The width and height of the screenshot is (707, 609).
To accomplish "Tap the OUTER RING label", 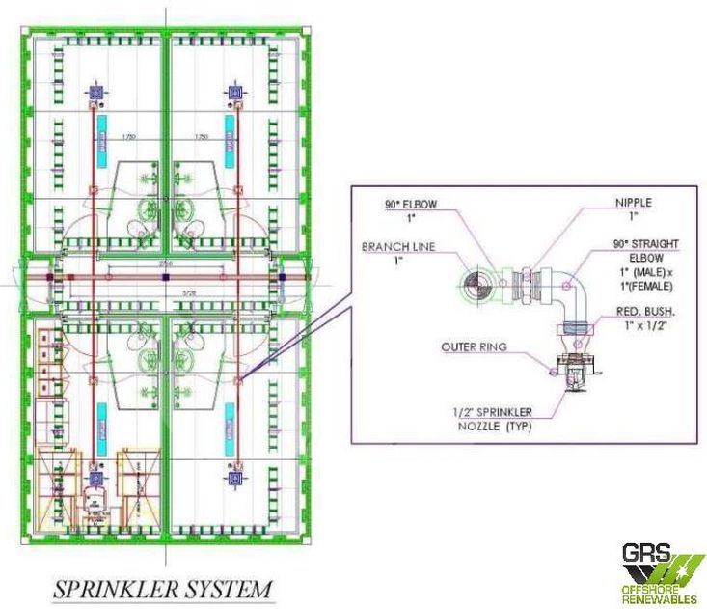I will click(x=474, y=346).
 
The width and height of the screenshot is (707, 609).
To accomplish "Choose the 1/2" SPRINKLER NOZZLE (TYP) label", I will click(x=492, y=418).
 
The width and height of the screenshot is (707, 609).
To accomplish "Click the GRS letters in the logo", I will click(x=646, y=557).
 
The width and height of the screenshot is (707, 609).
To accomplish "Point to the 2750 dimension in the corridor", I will click(x=165, y=263).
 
